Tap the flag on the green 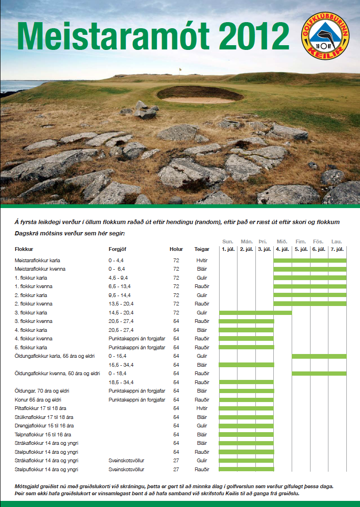click(180, 71)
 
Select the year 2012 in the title click(254, 37)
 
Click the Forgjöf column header click(117, 249)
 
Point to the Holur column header click(176, 249)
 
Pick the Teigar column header click(202, 249)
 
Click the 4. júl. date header click(283, 249)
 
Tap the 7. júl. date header click(337, 249)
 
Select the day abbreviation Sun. click(228, 241)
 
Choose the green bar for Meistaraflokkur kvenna click(310, 269)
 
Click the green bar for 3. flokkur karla click(255, 313)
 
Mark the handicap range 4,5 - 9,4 click(118, 278)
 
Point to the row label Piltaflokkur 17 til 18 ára click(41, 408)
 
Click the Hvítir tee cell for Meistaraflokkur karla click(202, 260)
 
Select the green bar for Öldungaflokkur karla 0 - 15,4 click(319, 356)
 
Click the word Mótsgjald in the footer click(27, 485)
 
